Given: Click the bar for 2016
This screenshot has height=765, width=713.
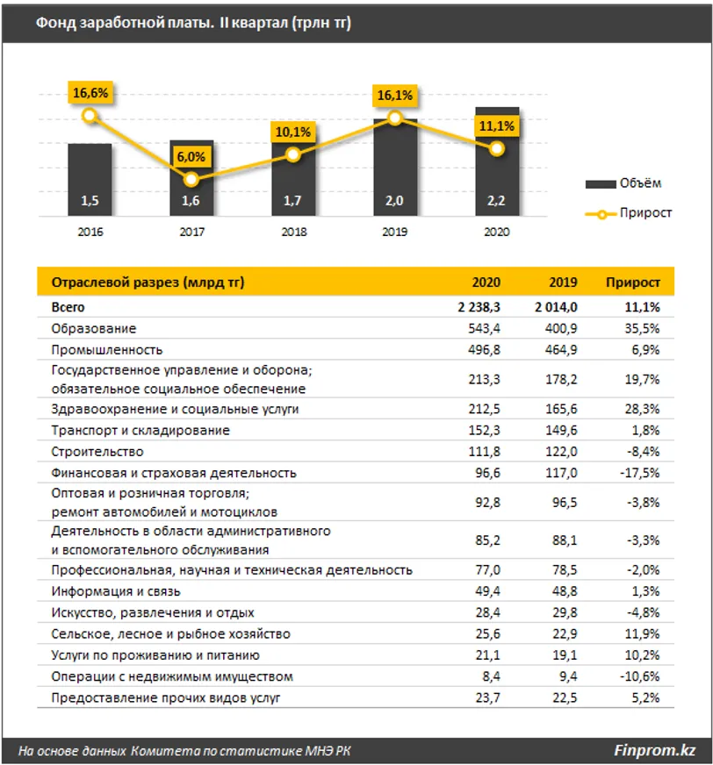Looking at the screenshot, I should (x=90, y=180).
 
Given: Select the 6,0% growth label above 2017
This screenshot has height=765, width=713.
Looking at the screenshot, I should (x=191, y=156).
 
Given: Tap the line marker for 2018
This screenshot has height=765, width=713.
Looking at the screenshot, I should (x=293, y=154).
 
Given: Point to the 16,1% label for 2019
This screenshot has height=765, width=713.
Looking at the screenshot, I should (x=395, y=95).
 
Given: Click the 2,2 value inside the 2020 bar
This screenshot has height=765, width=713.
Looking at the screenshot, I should (x=497, y=201).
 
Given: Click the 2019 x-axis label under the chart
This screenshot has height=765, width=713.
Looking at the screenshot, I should (x=394, y=233).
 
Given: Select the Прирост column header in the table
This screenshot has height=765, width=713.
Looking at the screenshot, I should (x=632, y=282).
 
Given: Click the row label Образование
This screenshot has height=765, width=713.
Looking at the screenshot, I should (x=94, y=328).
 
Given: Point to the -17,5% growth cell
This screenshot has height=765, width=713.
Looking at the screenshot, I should (x=640, y=473).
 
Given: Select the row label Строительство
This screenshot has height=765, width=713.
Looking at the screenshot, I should (x=97, y=452).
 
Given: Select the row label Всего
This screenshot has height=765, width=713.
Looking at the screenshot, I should (x=68, y=307).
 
